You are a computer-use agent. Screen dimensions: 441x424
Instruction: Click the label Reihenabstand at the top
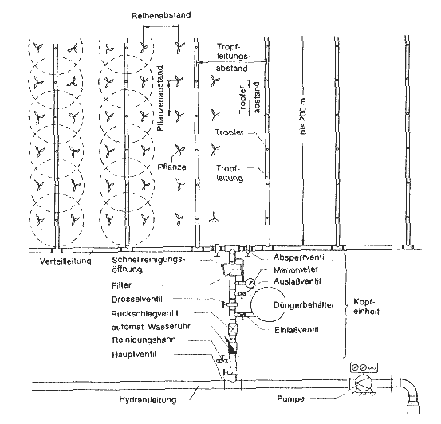click(x=161, y=15)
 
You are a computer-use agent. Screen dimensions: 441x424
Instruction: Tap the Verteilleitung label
click(x=65, y=261)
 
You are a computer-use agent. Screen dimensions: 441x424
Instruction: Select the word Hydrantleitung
click(x=148, y=399)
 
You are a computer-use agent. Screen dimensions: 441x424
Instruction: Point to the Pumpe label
click(x=290, y=399)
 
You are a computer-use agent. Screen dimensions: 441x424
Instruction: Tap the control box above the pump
click(x=364, y=367)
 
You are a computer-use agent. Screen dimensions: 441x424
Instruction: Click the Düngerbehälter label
click(x=304, y=305)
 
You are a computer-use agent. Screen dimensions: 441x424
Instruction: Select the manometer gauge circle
click(x=250, y=283)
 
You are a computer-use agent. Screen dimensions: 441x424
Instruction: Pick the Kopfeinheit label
click(x=366, y=307)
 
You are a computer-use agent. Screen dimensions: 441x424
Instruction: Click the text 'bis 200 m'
click(x=303, y=116)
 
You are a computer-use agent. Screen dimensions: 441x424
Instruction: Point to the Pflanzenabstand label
click(x=159, y=98)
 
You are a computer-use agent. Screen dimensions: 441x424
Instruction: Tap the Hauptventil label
click(x=134, y=355)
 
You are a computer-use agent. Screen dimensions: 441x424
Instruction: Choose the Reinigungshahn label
click(x=144, y=340)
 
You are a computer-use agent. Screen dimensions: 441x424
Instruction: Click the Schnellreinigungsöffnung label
click(x=149, y=265)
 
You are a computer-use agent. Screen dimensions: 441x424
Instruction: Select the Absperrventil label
click(x=300, y=257)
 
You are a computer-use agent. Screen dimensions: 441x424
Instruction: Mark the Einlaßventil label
click(x=297, y=329)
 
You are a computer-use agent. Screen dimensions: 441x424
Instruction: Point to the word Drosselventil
click(x=137, y=300)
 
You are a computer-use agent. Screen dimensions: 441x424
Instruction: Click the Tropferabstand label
click(x=250, y=98)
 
